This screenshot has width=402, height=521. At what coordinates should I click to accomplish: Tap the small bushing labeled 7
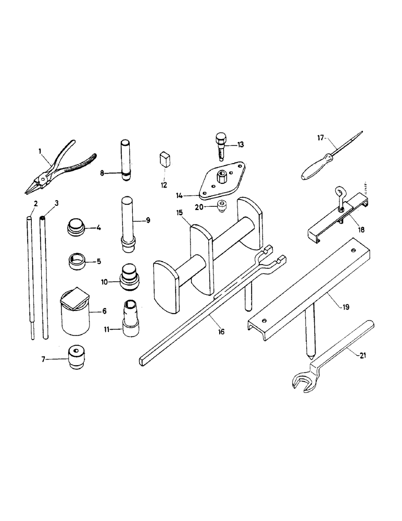[x=77, y=358]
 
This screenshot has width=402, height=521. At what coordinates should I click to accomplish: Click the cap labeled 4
[x=77, y=228]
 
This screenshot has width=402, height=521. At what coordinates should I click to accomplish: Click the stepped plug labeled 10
[x=130, y=277]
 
